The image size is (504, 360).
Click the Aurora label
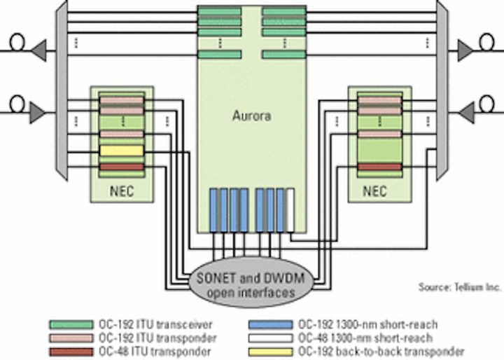click(252, 116)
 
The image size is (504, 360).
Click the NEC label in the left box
click(122, 191)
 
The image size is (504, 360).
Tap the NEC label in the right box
click(374, 191)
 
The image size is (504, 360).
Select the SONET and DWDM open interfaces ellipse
click(251, 282)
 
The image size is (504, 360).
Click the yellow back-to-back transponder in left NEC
click(122, 151)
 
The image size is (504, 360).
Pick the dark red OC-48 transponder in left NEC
click(122, 167)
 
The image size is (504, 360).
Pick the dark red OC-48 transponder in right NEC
click(380, 167)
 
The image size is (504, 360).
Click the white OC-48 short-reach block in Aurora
click(290, 210)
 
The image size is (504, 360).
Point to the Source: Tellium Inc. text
click(460, 287)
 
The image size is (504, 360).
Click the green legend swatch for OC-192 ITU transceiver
click(71, 324)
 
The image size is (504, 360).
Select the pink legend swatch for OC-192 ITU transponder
click(71, 338)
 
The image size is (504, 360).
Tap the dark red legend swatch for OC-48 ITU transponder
click(71, 352)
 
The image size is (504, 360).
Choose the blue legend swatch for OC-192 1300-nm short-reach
click(271, 324)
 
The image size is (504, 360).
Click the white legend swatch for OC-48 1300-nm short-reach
click(271, 338)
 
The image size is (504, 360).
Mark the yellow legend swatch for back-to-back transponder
click(271, 352)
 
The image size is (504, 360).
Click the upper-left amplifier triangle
click(40, 50)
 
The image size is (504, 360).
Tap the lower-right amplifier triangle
click(465, 113)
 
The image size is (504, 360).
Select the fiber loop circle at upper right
click(486, 43)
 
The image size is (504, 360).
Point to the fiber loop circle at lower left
click(17, 104)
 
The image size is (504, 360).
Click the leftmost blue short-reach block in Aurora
click(213, 210)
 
